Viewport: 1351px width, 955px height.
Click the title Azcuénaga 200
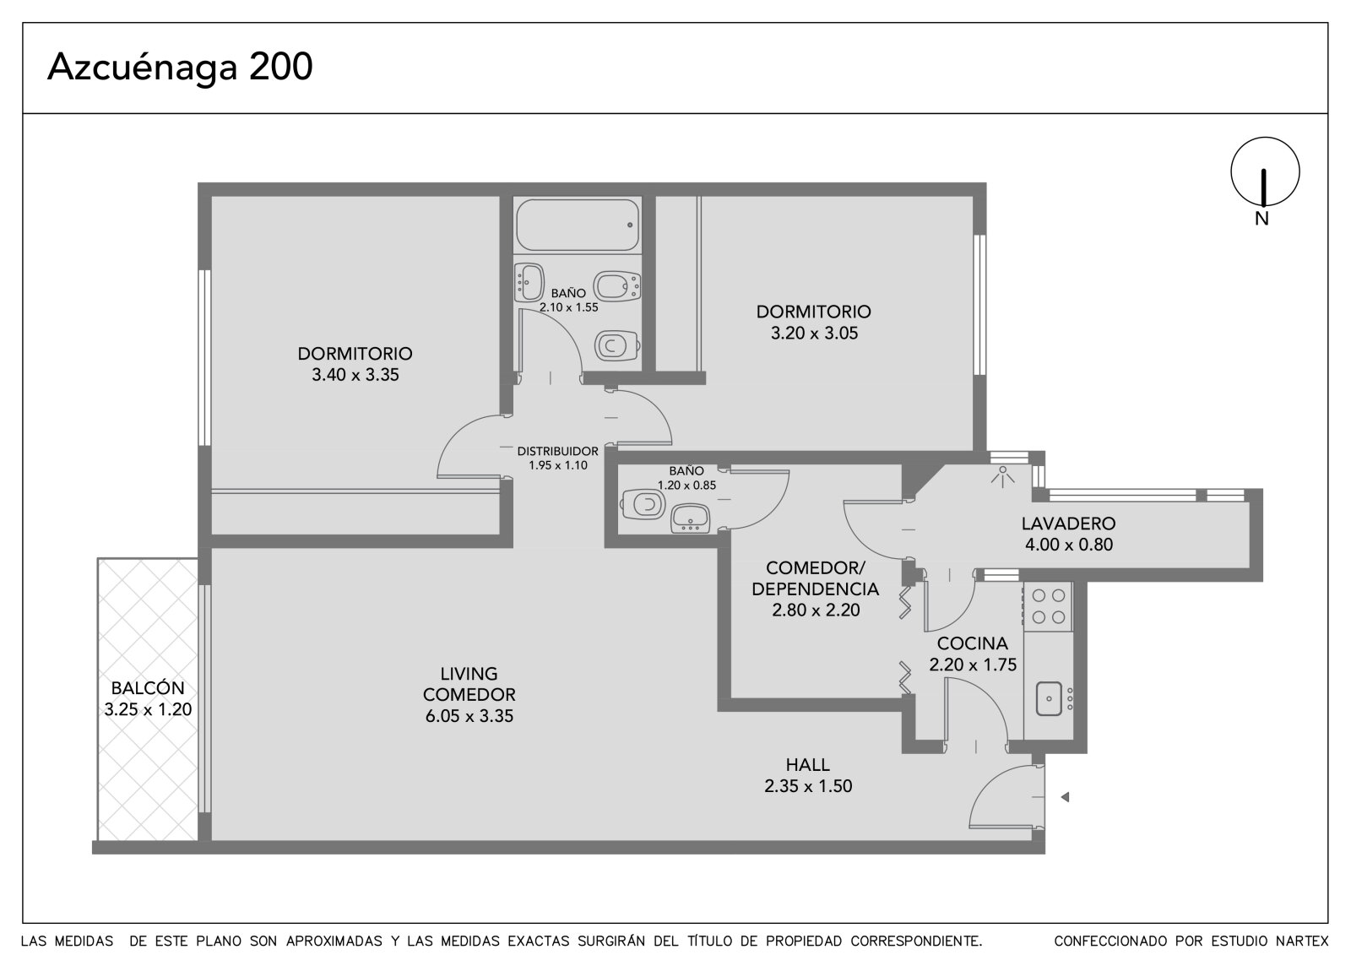181,67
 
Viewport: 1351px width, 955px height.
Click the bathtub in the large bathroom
578,225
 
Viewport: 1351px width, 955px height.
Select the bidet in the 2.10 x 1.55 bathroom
617,285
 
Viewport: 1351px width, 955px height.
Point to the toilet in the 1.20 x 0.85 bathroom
643,504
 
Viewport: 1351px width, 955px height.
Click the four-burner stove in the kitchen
1048,606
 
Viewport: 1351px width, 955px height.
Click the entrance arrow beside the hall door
1065,797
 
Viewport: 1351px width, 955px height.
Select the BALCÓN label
148,687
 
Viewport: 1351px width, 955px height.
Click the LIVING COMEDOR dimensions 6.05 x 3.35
469,716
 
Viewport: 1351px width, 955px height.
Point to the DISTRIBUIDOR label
558,451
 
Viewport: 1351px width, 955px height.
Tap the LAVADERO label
1069,524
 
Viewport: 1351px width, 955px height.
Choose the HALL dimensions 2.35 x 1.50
808,786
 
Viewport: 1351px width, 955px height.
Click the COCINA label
972,643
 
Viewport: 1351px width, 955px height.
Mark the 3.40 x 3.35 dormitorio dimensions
355,375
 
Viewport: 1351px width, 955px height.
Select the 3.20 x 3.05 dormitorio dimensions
814,333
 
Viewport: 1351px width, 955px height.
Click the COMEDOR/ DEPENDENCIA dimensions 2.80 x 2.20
816,610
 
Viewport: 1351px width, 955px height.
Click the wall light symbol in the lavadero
1002,475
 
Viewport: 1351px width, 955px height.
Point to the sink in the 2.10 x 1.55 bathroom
529,282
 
